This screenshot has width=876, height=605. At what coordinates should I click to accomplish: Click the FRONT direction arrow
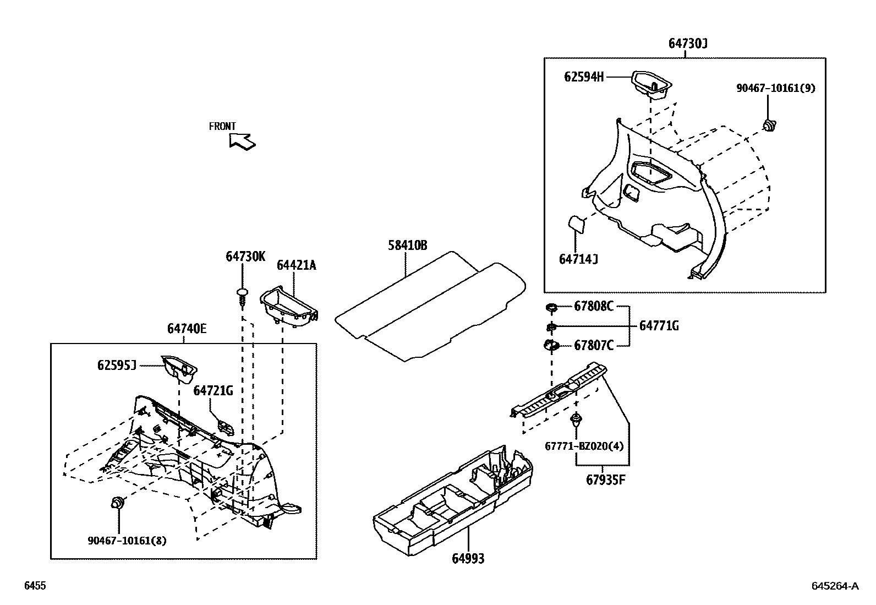[242, 141]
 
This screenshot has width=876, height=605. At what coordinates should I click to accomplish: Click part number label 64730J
[687, 43]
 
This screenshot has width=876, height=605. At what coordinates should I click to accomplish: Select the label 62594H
[583, 77]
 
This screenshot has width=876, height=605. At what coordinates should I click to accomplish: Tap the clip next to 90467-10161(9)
[770, 125]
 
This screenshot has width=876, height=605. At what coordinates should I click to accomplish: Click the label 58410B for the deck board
[407, 246]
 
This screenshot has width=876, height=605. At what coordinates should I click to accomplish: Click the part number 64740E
[187, 329]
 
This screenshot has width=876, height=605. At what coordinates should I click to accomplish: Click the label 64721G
[213, 391]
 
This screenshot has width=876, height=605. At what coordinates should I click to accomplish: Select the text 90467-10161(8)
[127, 541]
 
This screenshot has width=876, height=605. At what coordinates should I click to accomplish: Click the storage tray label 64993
[468, 559]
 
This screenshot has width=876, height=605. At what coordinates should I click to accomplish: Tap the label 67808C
[593, 307]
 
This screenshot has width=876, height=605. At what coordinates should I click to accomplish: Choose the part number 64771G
[659, 326]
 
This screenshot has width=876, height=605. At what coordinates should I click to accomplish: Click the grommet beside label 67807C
[551, 346]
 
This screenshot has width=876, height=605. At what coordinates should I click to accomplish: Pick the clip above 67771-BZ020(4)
[576, 421]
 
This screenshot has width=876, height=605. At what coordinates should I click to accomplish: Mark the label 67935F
[605, 479]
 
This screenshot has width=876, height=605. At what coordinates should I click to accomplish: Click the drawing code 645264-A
[834, 586]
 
